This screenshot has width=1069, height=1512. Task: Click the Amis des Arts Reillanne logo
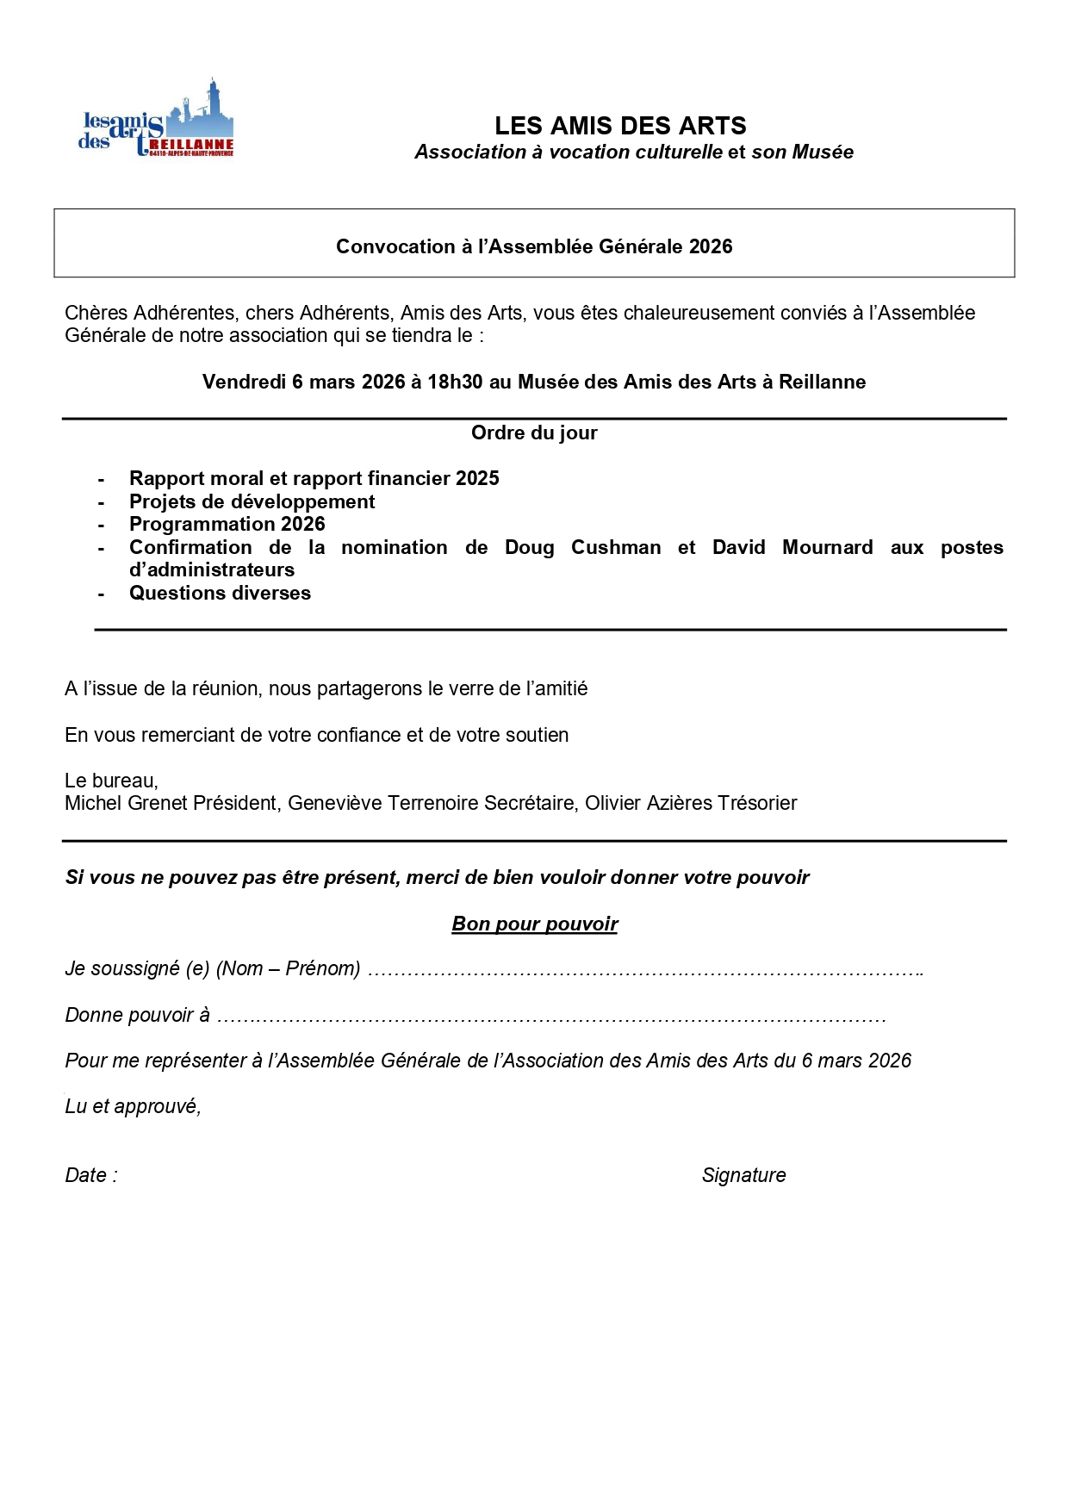(156, 121)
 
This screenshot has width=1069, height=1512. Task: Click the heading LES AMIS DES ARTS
(620, 126)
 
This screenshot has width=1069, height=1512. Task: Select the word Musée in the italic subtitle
(823, 152)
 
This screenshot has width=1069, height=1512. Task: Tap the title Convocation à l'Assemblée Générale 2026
(534, 246)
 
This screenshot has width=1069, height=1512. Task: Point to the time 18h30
(455, 382)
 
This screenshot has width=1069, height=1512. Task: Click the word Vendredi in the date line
(244, 382)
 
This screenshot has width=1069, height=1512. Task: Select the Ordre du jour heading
(534, 432)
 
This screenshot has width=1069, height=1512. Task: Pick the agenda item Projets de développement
(252, 501)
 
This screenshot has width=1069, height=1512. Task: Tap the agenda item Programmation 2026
(227, 524)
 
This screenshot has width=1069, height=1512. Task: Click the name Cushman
(616, 547)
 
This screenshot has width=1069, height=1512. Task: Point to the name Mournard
(827, 547)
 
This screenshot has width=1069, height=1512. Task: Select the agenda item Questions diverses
(220, 593)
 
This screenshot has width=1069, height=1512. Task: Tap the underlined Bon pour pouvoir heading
(534, 924)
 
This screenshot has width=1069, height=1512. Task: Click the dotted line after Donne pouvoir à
(551, 1017)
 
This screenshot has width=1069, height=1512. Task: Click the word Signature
(743, 1175)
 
